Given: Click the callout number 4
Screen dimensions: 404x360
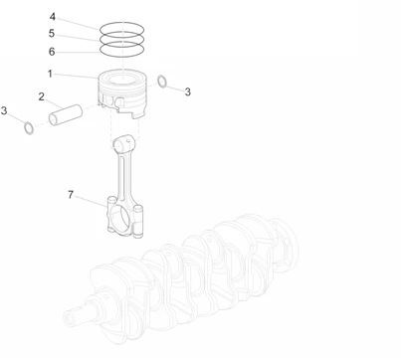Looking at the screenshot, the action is (53, 16).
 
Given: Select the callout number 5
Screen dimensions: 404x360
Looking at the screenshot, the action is (53, 33).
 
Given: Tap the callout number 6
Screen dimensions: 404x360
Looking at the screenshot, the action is (53, 51).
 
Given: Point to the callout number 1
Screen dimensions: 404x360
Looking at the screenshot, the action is (50, 74).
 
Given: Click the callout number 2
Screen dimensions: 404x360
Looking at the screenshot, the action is (42, 96).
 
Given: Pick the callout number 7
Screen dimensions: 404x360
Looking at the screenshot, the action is (71, 196).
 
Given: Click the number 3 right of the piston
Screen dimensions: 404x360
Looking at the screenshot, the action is (187, 91).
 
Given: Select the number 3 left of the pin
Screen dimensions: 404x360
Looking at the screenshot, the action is (4, 110).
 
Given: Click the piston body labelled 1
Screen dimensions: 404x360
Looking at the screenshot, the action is (124, 91).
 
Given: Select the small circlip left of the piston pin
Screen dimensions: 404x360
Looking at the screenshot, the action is (29, 127).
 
